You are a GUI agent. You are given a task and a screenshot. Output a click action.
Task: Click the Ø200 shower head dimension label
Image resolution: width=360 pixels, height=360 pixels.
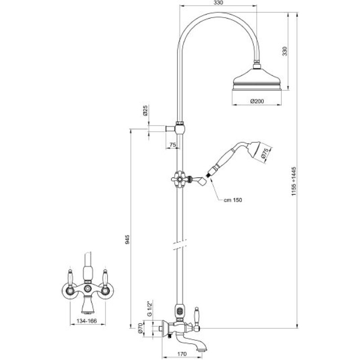click(x=257, y=101)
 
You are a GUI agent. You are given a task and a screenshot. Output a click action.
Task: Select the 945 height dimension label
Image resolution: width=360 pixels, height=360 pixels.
click(x=127, y=239)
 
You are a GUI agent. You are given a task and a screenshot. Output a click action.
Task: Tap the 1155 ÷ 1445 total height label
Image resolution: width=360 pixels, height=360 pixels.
click(x=294, y=181)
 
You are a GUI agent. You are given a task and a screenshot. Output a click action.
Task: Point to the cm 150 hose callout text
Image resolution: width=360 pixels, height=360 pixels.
click(x=233, y=200)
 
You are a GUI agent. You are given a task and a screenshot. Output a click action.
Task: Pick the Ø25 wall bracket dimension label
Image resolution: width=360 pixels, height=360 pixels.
click(x=145, y=110)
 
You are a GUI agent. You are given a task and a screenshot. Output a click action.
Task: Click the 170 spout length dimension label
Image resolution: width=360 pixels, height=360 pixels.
click(x=182, y=354)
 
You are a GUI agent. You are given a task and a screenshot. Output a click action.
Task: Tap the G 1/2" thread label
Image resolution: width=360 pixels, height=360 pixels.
click(x=150, y=309)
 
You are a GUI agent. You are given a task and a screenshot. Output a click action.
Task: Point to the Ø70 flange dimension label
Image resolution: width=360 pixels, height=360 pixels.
click(x=140, y=328)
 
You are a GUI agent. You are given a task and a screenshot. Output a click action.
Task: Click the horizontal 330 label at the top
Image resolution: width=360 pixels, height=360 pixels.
click(x=218, y=3)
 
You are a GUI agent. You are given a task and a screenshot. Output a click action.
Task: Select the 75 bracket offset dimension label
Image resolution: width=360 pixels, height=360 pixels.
click(x=173, y=144)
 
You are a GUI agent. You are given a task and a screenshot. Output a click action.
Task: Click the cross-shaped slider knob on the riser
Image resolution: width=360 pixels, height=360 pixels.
click(x=178, y=179)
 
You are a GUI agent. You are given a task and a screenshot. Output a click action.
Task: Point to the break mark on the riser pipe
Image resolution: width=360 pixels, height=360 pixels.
click(x=180, y=245)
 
